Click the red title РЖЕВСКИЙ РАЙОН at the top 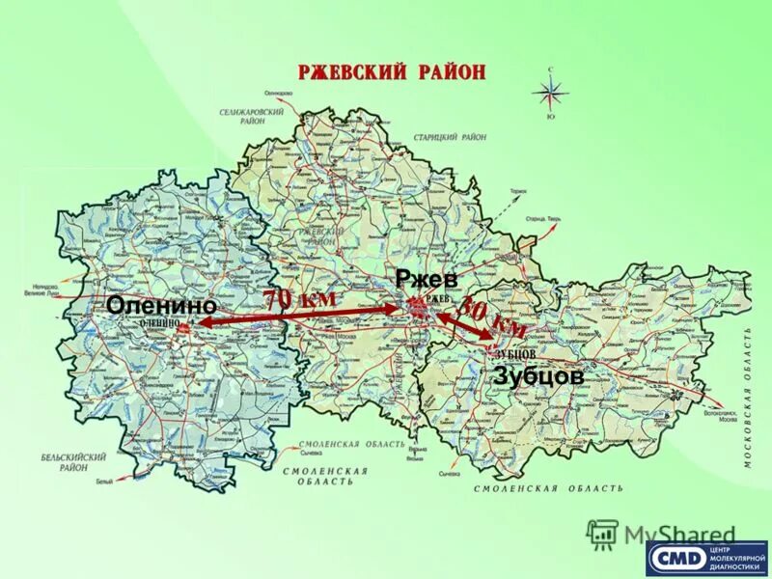coord(391,72)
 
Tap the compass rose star coord(552,94)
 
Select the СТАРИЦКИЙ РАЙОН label coord(451,138)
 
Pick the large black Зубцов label coord(538,376)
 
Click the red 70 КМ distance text coord(301,300)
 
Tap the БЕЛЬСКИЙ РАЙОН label coord(67,459)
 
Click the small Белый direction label coord(103,481)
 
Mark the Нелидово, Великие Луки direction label coord(46,289)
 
